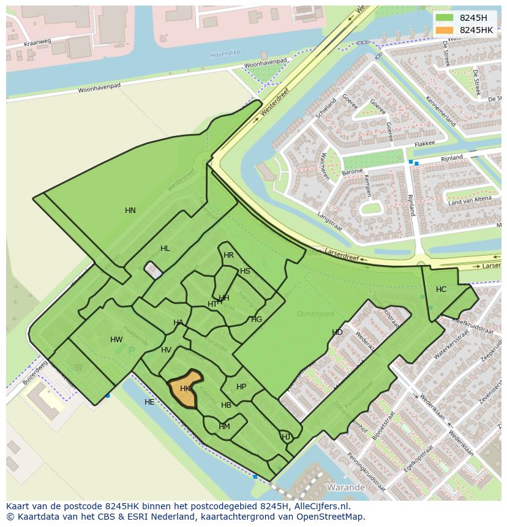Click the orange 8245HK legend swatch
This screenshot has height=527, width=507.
pyautogui.click(x=445, y=30)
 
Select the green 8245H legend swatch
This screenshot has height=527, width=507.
pyautogui.click(x=445, y=18)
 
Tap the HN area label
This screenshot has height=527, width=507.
pyautogui.click(x=130, y=211)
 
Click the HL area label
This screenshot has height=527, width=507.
pyautogui.click(x=165, y=249)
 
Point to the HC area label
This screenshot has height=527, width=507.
pyautogui.click(x=441, y=290)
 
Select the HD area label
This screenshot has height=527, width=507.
pyautogui.click(x=337, y=332)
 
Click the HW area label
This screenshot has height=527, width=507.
pyautogui.click(x=116, y=340)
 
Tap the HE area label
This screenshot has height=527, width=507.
pyautogui.click(x=149, y=402)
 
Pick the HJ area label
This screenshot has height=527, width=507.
pyautogui.click(x=286, y=436)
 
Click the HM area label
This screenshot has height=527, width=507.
pyautogui.click(x=224, y=427)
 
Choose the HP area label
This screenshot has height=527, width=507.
pyautogui.click(x=241, y=387)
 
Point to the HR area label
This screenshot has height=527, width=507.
pyautogui.click(x=228, y=255)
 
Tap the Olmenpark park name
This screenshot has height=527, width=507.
pyautogui.click(x=316, y=313)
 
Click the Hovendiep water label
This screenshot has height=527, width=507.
pyautogui.click(x=225, y=54)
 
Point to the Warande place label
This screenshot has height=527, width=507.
pyautogui.click(x=346, y=488)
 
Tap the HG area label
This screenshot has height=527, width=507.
pyautogui.click(x=257, y=320)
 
